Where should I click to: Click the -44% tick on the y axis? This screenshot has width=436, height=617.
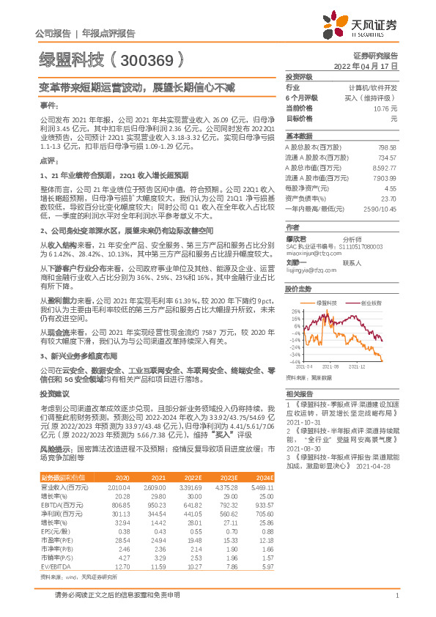(295, 361)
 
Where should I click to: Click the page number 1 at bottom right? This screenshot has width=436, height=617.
(396, 595)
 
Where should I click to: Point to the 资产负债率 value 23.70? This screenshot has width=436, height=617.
(388, 199)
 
